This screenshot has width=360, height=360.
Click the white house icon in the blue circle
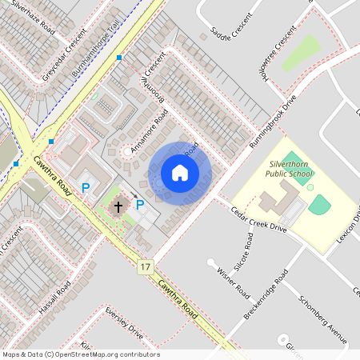180,172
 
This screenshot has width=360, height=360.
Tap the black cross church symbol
118,207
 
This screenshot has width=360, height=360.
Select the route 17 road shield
145,266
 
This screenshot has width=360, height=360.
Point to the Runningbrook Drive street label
272,119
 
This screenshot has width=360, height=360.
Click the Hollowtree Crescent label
273,53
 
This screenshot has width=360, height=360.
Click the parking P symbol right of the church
140,205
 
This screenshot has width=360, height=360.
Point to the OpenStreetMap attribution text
80,354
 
